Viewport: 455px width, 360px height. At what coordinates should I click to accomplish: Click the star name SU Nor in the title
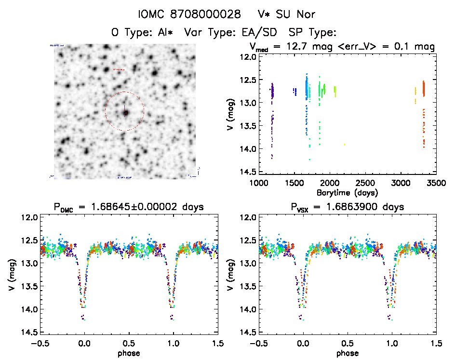pos(301,15)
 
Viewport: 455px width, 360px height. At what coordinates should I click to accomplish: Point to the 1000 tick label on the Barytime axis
pos(259,184)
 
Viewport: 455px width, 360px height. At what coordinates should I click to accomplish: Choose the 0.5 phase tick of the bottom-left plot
pos(129,344)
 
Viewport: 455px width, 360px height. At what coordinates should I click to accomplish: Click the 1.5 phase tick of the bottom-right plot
pos(436,344)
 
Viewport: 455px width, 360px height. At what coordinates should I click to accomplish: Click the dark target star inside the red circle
pos(125,113)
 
